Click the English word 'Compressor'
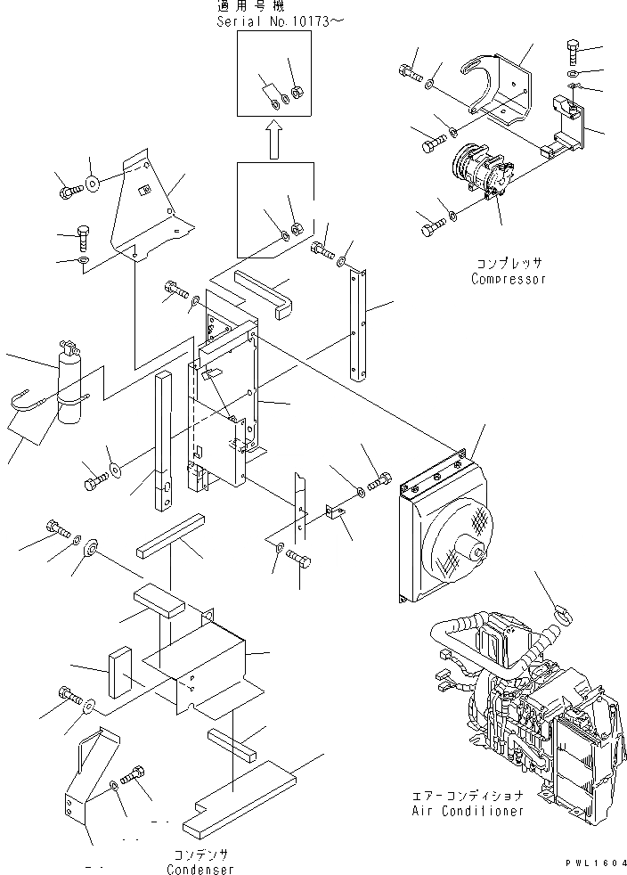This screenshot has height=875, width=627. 508,279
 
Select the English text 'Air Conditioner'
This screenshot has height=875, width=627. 468,811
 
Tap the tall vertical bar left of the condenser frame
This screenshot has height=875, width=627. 163,441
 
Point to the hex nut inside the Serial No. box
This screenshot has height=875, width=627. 298,91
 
